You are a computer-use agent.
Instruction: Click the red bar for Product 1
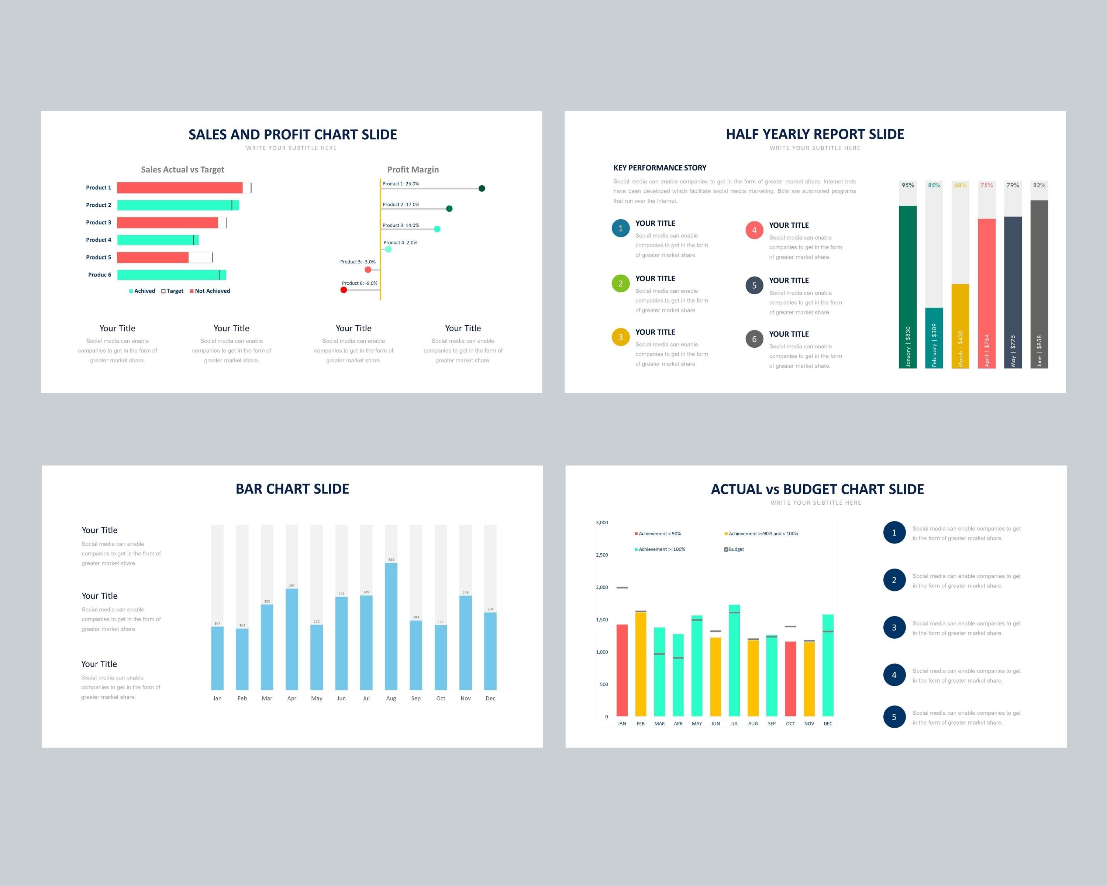[179, 188]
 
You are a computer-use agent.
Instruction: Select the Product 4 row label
[99, 240]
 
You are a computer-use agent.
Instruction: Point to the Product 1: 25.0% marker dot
[482, 189]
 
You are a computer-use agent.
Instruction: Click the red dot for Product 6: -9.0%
[344, 290]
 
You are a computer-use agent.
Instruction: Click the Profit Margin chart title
[413, 169]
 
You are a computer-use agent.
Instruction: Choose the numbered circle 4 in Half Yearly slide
[754, 230]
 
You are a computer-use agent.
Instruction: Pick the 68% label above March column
[960, 185]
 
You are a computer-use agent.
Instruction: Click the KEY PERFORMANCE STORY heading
[659, 168]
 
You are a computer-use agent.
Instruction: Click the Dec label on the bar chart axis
[490, 698]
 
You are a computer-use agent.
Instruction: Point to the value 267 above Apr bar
[292, 585]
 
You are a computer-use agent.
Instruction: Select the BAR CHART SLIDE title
[292, 489]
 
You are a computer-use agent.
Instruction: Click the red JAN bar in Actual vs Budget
[622, 670]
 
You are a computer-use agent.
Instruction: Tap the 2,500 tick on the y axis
[602, 555]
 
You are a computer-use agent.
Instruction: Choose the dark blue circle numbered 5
[894, 717]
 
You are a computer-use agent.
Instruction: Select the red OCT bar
[790, 679]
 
